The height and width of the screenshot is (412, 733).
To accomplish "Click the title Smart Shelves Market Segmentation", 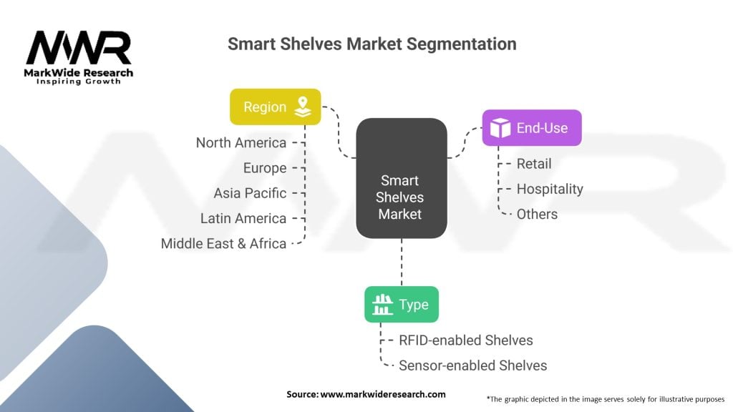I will (x=372, y=44).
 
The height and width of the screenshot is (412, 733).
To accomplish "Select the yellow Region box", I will (x=275, y=107).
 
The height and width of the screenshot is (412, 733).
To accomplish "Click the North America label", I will (x=241, y=143).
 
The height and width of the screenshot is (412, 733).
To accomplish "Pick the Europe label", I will (x=264, y=168).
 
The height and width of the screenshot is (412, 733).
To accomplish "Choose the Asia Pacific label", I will (x=250, y=193).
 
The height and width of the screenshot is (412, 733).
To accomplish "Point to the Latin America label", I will (x=243, y=218).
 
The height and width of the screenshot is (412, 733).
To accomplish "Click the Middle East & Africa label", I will (x=223, y=243).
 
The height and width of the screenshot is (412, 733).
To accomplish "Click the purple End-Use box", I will (x=531, y=128).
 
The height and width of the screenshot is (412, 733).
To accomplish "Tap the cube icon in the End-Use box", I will (x=500, y=128).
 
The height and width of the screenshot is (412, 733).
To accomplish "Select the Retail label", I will (x=534, y=164).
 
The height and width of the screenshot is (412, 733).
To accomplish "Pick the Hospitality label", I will (x=550, y=189).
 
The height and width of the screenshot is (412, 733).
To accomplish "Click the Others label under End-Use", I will (x=537, y=214).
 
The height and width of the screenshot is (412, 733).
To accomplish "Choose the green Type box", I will (x=401, y=305).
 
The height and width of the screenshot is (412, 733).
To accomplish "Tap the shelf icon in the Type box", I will (x=383, y=305).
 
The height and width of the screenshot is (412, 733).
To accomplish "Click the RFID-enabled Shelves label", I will (x=465, y=340).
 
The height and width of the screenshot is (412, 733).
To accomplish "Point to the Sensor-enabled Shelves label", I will (x=472, y=366).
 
